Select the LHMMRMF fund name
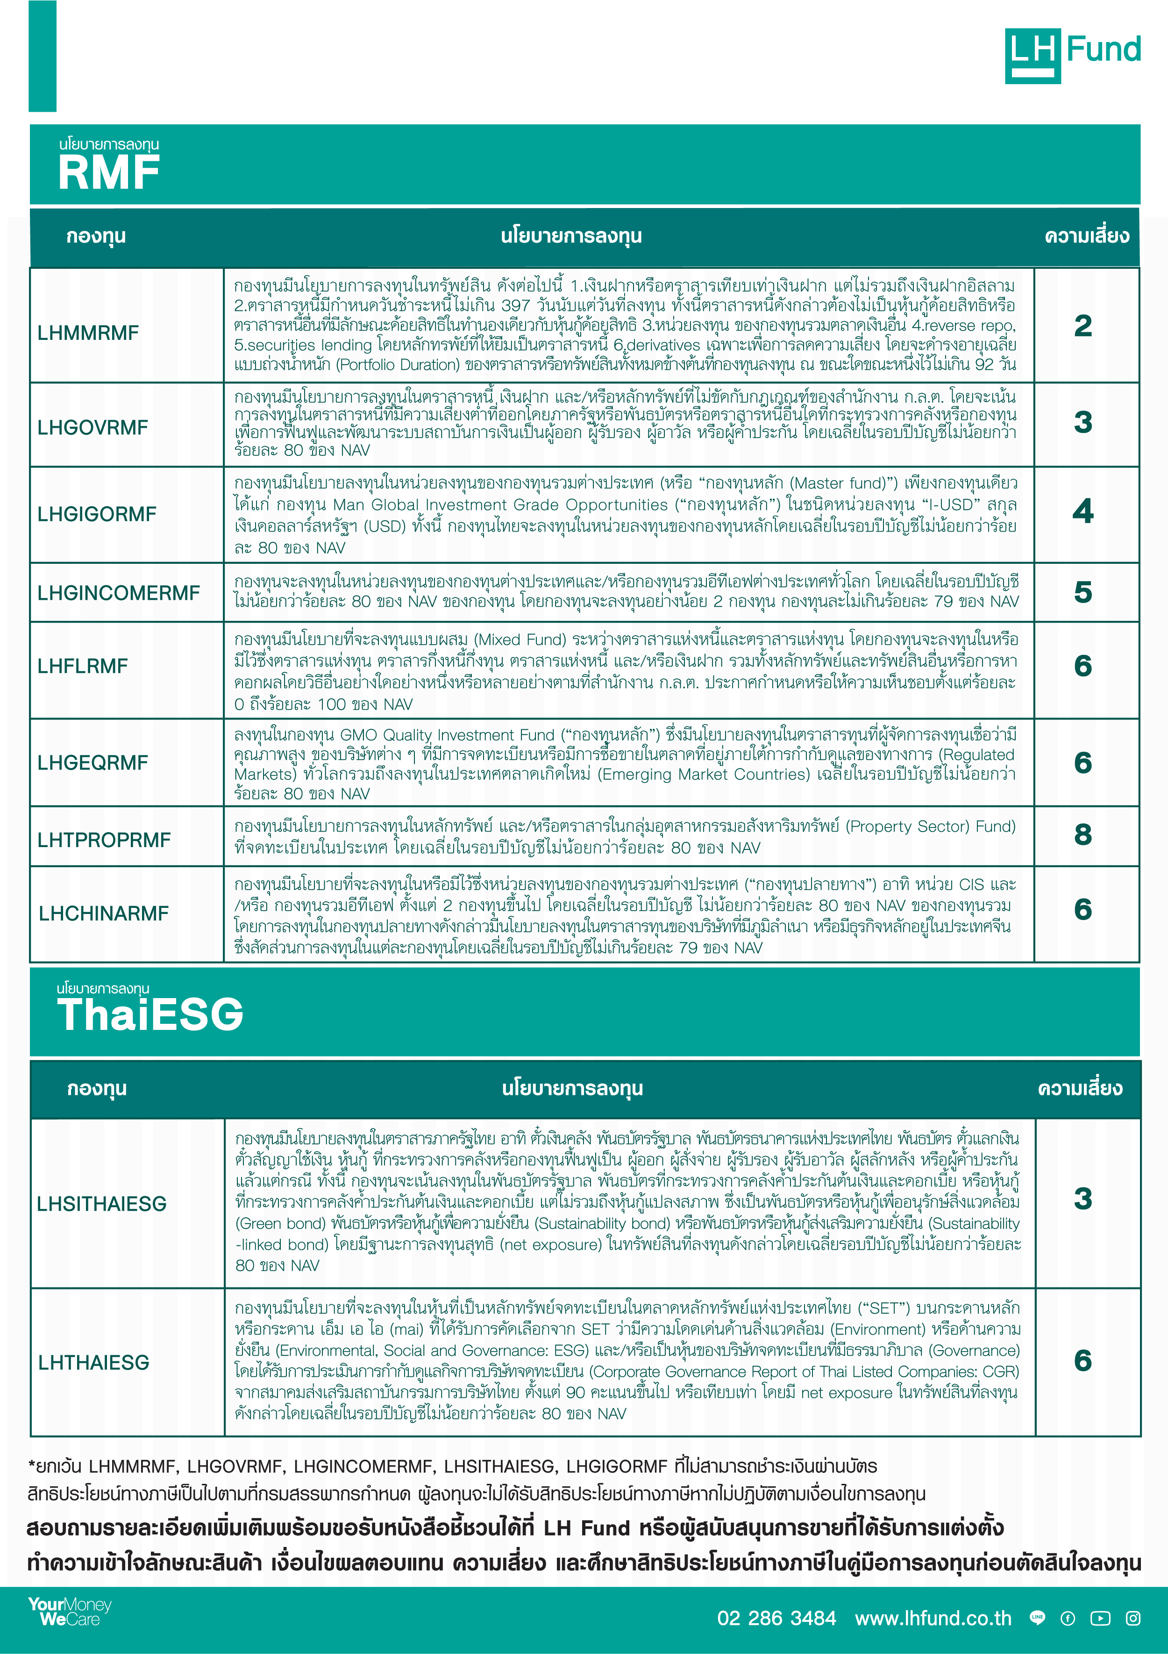88,333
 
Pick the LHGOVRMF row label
92,427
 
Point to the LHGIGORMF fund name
97,514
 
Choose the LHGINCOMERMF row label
119,593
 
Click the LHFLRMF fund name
83,666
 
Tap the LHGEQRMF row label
92,762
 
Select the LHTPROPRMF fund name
104,840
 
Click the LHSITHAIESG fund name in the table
101,1204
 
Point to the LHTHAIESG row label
93,1362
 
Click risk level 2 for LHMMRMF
1083,326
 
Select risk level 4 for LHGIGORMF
1083,511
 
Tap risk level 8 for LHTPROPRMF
1083,835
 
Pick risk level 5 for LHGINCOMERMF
1083,592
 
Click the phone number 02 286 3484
776,1618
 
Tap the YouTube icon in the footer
1100,1618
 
